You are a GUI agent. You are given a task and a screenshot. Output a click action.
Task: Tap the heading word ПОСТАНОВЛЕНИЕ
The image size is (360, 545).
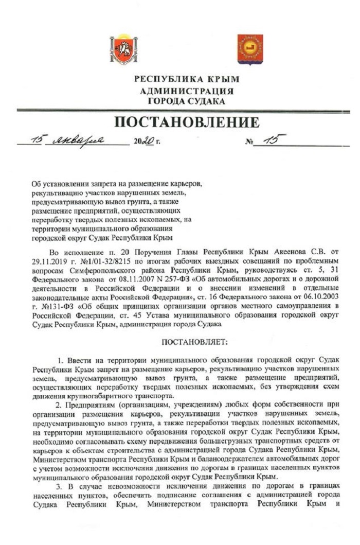187,123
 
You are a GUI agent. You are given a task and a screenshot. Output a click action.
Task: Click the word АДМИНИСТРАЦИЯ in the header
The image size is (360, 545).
187,91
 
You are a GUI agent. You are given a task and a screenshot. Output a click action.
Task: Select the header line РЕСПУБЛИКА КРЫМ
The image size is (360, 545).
187,80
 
